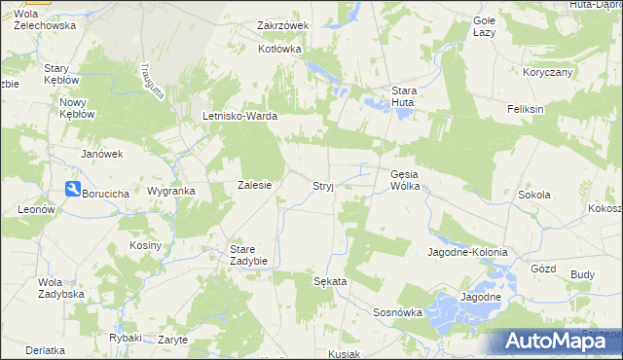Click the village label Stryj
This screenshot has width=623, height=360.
(x=324, y=185)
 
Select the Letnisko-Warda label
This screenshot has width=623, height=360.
(x=240, y=117)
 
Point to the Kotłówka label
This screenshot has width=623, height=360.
(x=280, y=48)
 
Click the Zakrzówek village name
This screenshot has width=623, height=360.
(x=282, y=25)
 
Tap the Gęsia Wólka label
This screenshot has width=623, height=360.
(x=404, y=180)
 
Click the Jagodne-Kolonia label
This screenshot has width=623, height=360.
(x=467, y=252)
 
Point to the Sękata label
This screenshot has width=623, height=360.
(x=330, y=280)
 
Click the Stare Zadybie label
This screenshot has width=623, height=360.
(x=248, y=255)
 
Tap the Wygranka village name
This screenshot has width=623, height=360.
(x=170, y=192)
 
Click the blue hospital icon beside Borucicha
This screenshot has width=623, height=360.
(x=72, y=191)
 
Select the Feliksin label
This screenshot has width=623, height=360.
(x=525, y=109)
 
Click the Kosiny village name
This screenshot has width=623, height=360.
(x=145, y=245)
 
